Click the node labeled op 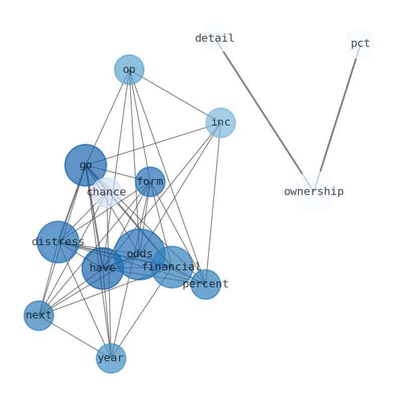pos(129,69)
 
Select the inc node pos(221,123)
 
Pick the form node pos(150,181)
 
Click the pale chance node pos(107,192)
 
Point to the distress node pos(58,242)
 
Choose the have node pos(103,268)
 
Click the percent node pos(206,284)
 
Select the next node pos(39,316)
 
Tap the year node pos(111,358)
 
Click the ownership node pos(314,192)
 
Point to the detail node pos(215,38)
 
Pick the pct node pos(360,44)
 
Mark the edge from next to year pos(75,337)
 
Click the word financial pos(171,267)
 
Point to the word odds pos(139,254)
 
